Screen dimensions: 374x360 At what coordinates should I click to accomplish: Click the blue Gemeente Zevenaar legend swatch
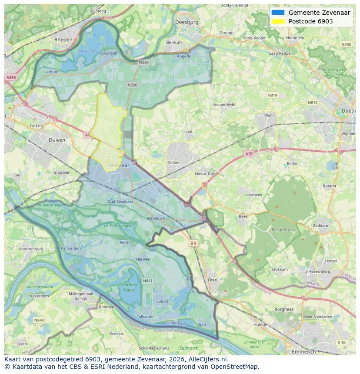pyautogui.click(x=278, y=13)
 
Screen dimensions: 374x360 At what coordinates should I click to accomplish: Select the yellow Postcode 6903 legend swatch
pyautogui.click(x=278, y=21)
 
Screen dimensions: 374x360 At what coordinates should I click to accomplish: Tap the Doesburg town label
pyautogui.click(x=187, y=22)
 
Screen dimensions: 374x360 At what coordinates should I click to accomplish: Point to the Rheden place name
pyautogui.click(x=63, y=39)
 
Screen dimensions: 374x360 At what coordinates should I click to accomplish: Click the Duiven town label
pyautogui.click(x=57, y=140)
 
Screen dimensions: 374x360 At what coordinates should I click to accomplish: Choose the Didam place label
pyautogui.click(x=173, y=163)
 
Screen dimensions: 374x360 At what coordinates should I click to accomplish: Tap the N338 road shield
pyautogui.click(x=143, y=63)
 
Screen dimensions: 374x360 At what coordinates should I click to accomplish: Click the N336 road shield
pyautogui.click(x=133, y=85)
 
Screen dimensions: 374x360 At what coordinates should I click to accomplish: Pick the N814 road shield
pyautogui.click(x=272, y=95)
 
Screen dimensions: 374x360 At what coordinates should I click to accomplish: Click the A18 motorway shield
pyautogui.click(x=248, y=154)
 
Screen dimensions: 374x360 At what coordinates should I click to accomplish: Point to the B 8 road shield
pyautogui.click(x=193, y=243)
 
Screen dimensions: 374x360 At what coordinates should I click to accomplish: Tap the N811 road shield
pyautogui.click(x=148, y=281)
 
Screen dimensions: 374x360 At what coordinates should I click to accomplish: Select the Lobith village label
pyautogui.click(x=162, y=301)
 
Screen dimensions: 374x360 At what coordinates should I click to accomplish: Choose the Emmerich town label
pyautogui.click(x=304, y=351)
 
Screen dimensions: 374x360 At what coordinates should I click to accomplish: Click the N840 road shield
pyautogui.click(x=39, y=320)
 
